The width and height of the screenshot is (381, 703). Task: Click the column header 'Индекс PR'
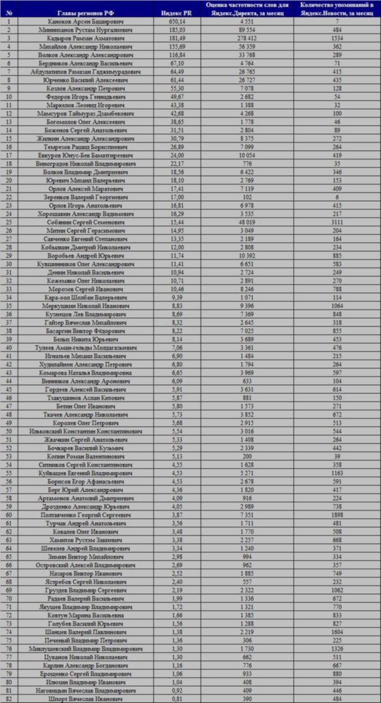[176, 12]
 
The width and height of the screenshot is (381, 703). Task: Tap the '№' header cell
[9, 12]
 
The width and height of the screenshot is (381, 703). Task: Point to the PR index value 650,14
[176, 21]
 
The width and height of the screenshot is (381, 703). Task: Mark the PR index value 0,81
[176, 699]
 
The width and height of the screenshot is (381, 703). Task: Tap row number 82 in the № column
[9, 699]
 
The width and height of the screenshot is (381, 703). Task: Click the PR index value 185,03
[176, 30]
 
